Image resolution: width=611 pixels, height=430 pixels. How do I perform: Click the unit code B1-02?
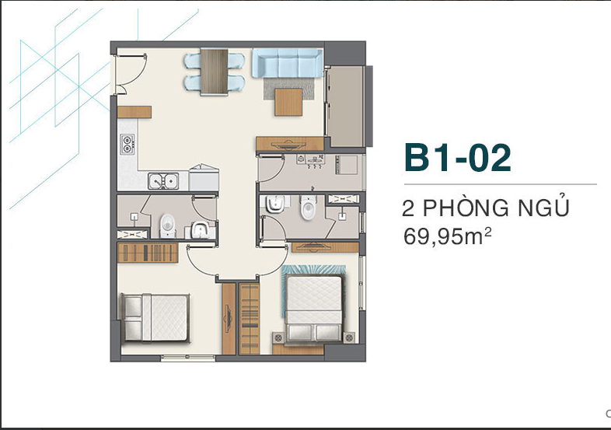457,158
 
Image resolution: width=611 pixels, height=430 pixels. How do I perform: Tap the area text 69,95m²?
447,236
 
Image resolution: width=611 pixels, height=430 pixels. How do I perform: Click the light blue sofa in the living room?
288,63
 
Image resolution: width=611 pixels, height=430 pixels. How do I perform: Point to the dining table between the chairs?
214,72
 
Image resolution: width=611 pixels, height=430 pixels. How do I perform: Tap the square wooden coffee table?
288,102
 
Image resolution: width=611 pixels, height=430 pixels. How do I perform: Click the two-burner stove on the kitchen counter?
127,144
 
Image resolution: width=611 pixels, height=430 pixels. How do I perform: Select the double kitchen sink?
163,181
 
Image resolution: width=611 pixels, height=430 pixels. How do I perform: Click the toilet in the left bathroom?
168,226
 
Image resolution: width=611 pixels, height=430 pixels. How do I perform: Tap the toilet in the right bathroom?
308,207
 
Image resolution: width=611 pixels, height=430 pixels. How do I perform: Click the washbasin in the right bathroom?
275,204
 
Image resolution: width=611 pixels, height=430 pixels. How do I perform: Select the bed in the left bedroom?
155,318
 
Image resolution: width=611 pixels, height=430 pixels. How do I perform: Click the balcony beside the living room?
345,107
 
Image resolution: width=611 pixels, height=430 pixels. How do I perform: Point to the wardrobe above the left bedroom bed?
148,253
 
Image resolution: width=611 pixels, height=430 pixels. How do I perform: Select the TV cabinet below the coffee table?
290,144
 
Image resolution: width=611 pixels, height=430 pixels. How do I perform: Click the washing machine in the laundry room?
347,165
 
